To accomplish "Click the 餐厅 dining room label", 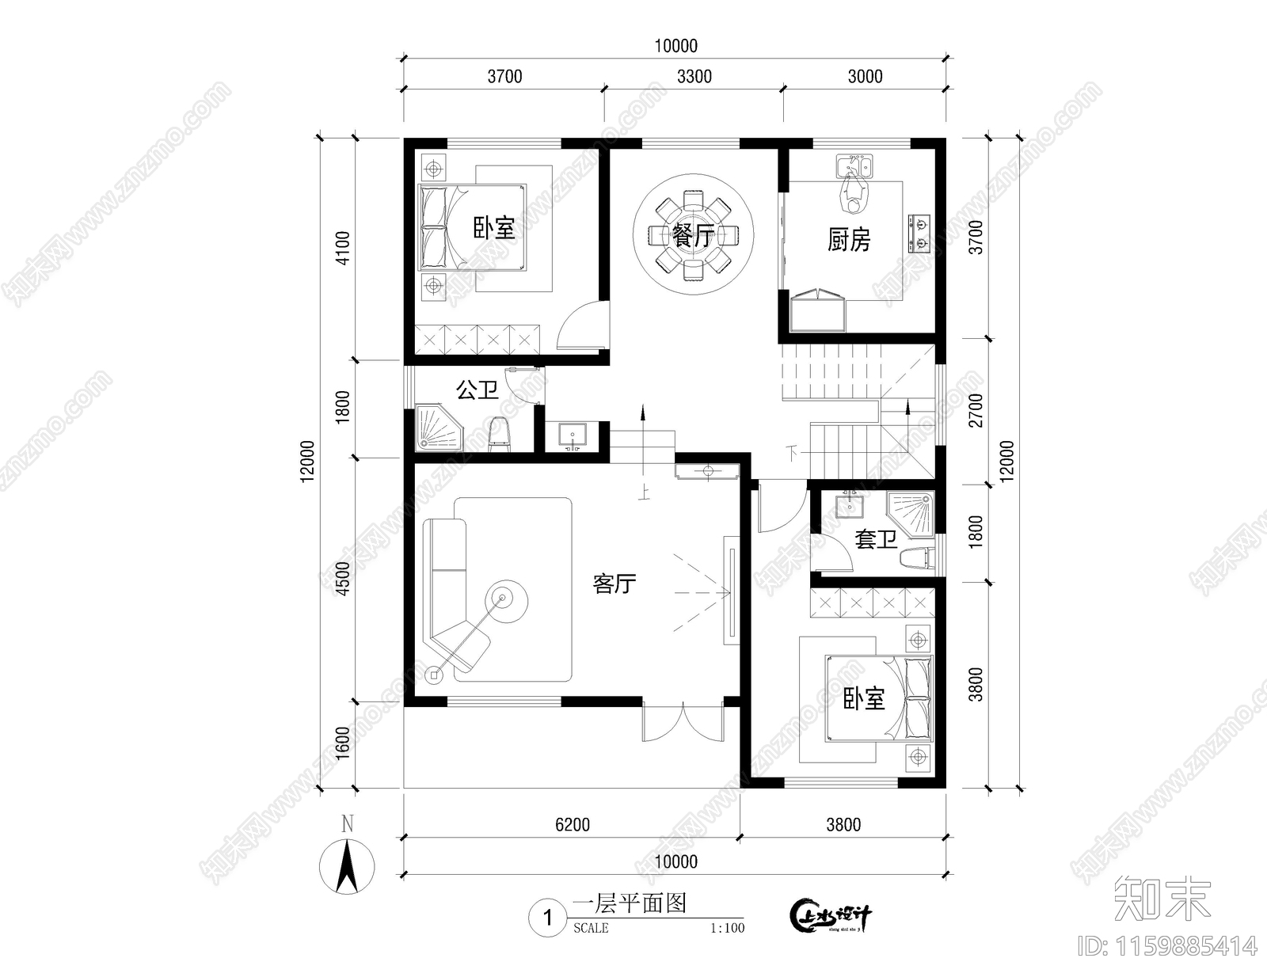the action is tap(693, 236).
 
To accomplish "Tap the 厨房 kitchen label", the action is tap(848, 240).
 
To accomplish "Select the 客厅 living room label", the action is tap(614, 584).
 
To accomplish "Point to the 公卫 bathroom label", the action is tap(477, 390).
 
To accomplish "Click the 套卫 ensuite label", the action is tap(876, 539).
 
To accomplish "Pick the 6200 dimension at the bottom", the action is tap(572, 825).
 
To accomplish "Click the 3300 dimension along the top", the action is tap(694, 76).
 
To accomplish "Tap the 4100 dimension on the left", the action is tap(343, 248).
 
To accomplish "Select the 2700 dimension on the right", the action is tap(976, 410).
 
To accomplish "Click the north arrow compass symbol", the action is tap(347, 866).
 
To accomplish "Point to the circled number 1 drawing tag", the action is tap(547, 918).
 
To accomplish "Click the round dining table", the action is tap(693, 235).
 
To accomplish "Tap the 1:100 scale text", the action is tap(727, 928).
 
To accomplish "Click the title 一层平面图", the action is tap(629, 903).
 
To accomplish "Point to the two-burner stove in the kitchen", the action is tap(919, 233).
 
